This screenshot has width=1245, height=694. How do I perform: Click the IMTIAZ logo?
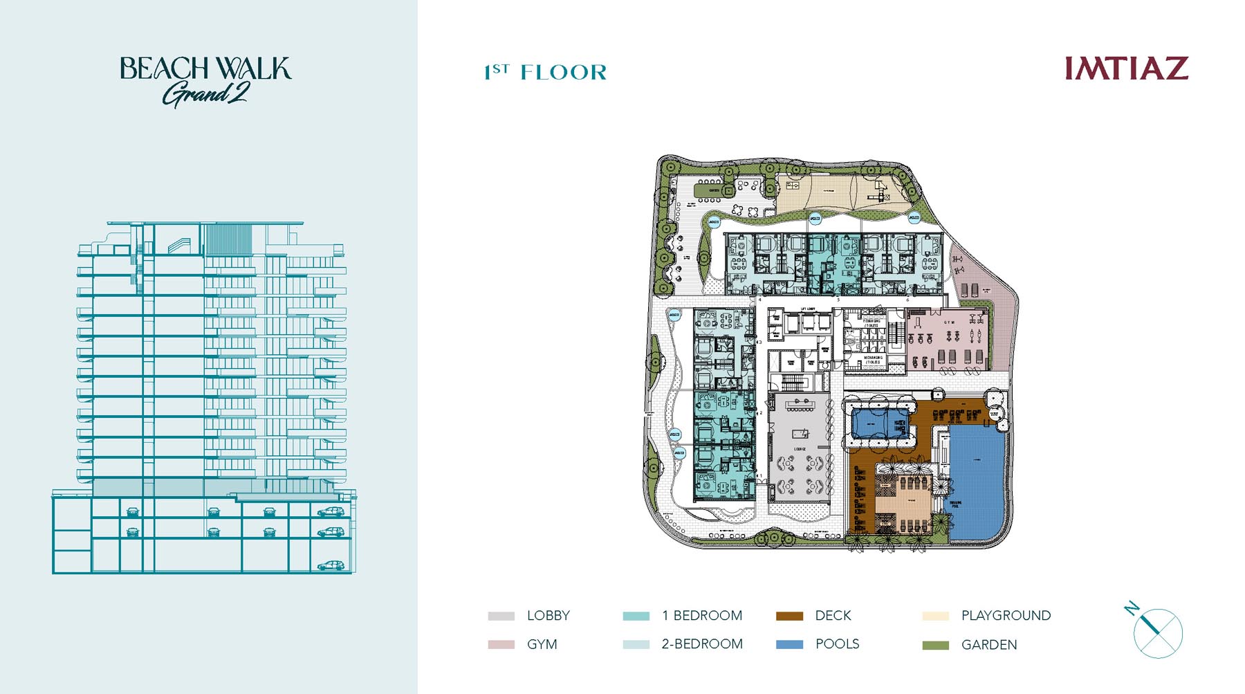point(1126,69)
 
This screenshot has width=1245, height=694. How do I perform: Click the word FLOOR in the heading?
point(563,72)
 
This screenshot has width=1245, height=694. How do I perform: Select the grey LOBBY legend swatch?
point(501,616)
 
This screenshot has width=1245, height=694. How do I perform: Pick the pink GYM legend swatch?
point(501,644)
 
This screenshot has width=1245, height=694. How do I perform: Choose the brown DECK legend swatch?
point(789,616)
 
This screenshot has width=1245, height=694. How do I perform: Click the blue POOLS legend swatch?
point(789,644)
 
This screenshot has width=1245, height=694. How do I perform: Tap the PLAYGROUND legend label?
point(1006,616)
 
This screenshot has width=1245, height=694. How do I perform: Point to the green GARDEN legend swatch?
point(935,645)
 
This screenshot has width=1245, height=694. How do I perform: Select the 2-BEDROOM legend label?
point(702,644)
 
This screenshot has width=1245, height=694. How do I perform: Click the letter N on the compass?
point(1132,609)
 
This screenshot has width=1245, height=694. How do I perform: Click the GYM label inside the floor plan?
point(949,322)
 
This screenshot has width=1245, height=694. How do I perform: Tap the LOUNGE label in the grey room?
point(800,449)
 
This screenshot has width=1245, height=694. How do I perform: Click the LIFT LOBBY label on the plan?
point(808,309)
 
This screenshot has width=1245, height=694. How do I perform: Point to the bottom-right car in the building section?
point(331,565)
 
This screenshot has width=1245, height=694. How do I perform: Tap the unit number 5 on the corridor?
point(838,300)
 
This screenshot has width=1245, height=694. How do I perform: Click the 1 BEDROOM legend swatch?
point(636,616)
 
